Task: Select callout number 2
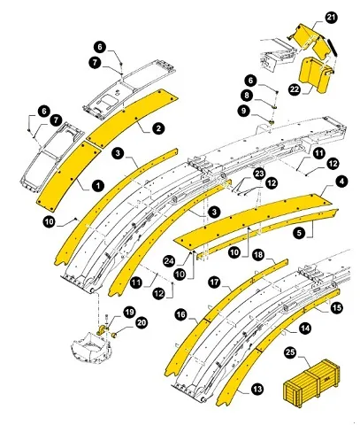click(x=157, y=128)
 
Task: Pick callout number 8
click(x=250, y=96)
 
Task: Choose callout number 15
click(x=335, y=307)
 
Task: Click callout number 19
click(x=129, y=312)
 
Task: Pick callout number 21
click(x=331, y=18)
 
